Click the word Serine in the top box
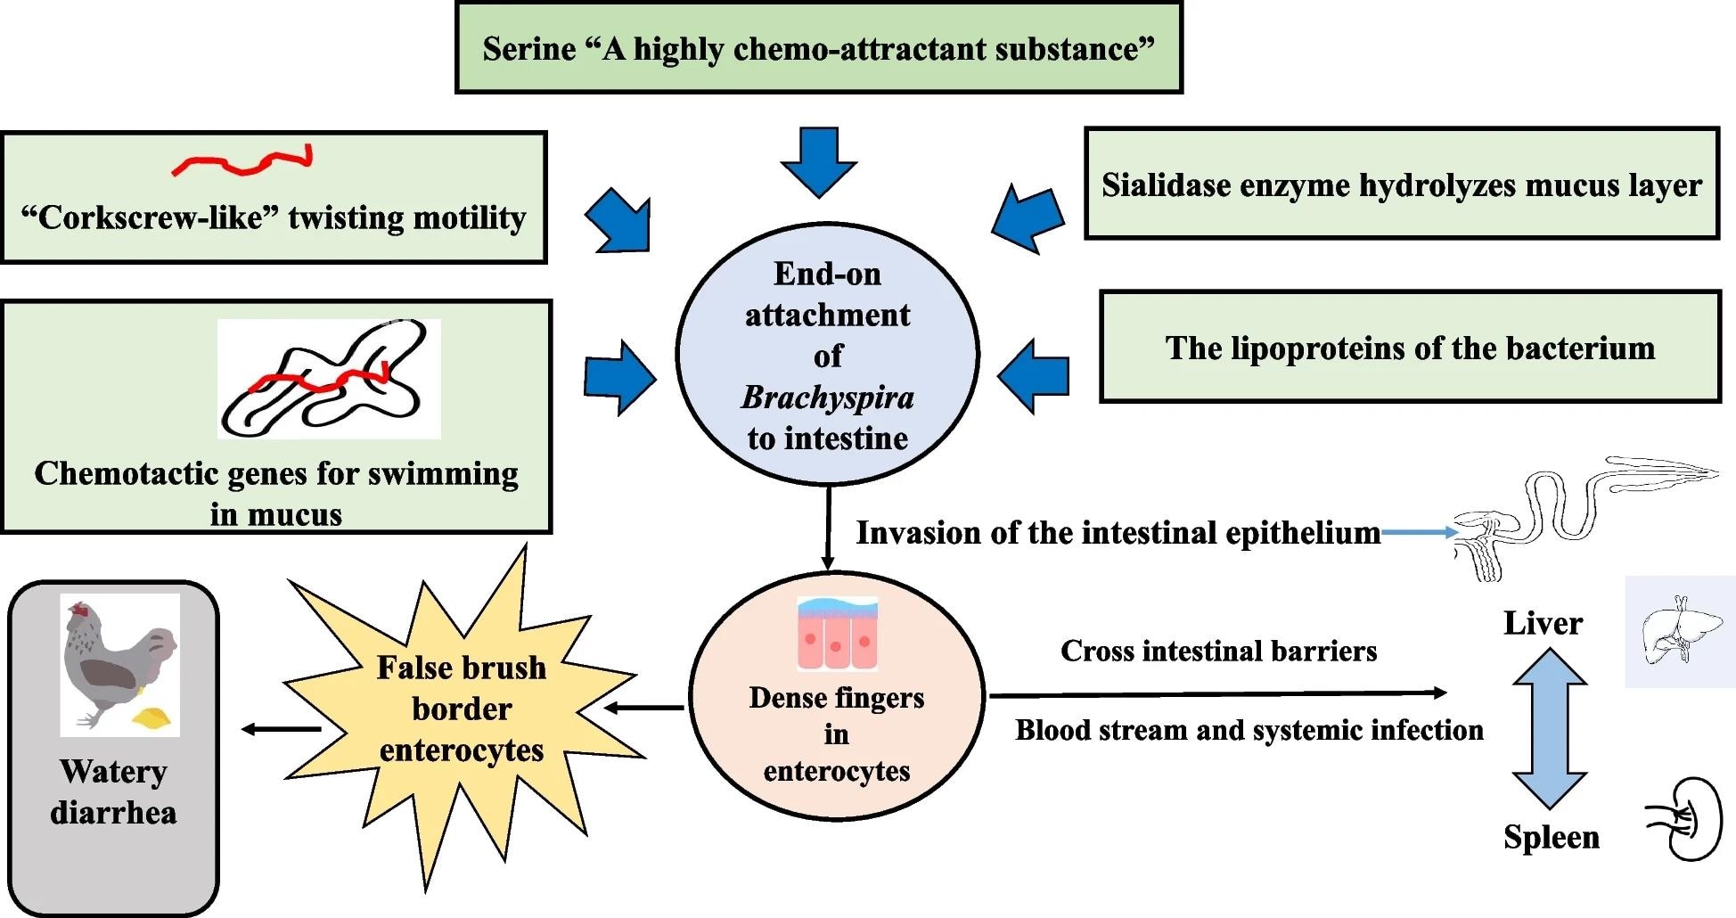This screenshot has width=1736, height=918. click(529, 49)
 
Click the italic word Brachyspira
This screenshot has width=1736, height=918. click(827, 398)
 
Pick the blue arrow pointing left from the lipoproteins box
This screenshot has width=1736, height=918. click(1034, 375)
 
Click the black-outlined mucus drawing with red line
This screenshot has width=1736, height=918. click(329, 380)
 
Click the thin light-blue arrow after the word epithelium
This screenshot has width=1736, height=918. click(1419, 533)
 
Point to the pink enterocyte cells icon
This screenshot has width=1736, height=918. click(837, 634)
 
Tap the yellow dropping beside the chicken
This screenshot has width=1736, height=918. click(152, 717)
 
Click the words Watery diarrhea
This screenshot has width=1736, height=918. click(113, 791)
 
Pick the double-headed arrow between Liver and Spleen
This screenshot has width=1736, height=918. click(1550, 728)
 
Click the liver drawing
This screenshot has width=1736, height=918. click(1678, 631)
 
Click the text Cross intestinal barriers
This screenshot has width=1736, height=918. click(1218, 652)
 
